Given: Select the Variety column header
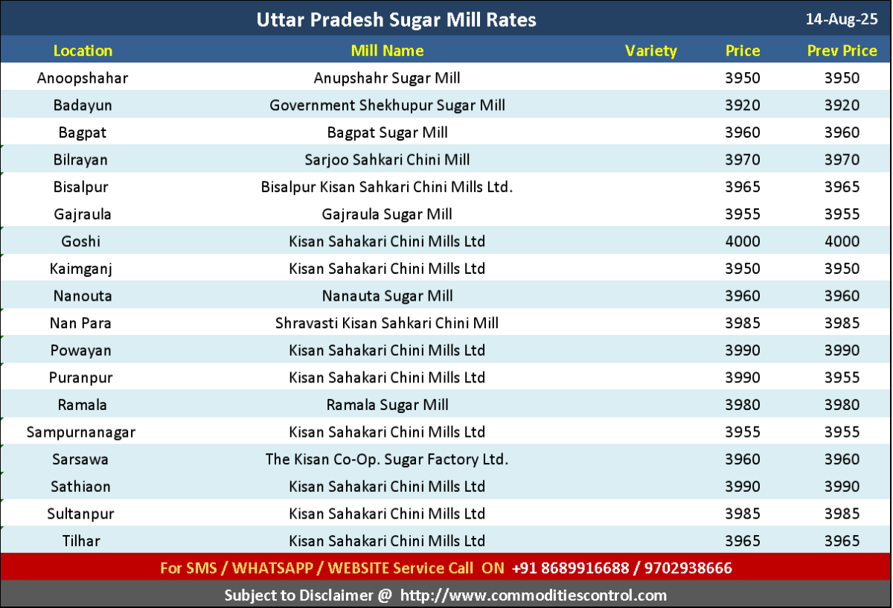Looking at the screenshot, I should tap(651, 51).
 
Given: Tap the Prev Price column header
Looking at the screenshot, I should tap(842, 51).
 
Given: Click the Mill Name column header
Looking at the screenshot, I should tap(387, 51).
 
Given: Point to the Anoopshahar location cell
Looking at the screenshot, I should tap(83, 78).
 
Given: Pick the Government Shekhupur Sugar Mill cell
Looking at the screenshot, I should tap(387, 105).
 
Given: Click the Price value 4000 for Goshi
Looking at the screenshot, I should tap(743, 241).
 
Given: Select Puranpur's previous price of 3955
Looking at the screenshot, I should tap(842, 377).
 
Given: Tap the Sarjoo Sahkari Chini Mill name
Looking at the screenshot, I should tap(387, 159).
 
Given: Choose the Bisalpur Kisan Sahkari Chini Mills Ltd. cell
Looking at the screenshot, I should tap(387, 187).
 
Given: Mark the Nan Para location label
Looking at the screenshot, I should tap(83, 323).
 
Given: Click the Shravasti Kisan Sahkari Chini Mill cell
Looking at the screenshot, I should tap(387, 323).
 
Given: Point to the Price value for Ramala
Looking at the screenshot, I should tap(743, 405).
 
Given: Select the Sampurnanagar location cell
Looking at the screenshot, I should tap(81, 432).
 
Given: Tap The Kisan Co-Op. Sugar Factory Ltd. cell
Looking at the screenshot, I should tap(387, 459).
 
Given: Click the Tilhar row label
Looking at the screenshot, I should tap(81, 541).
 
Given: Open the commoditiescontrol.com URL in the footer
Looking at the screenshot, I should tap(533, 595).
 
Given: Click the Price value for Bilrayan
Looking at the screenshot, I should tap(743, 159).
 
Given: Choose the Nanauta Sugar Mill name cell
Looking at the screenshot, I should tap(387, 295).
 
